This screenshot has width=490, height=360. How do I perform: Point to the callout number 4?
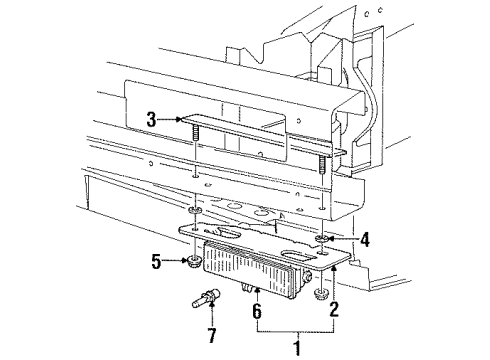365,239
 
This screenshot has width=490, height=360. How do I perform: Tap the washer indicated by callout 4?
325,239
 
